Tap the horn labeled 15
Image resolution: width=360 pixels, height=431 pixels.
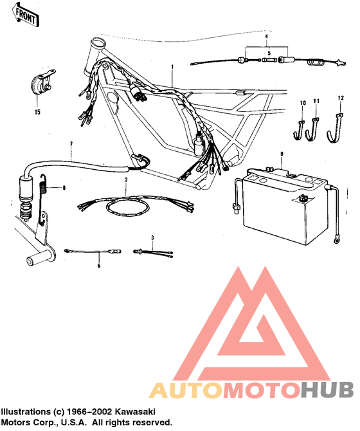tap(42, 83)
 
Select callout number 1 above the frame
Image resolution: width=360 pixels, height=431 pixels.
tap(172, 67)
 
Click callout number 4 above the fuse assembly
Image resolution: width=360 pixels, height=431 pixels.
tap(266, 36)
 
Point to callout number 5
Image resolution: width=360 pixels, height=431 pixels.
tap(269, 53)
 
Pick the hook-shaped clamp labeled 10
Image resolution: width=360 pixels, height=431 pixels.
tap(299, 130)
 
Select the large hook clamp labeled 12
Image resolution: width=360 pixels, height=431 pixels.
tap(334, 129)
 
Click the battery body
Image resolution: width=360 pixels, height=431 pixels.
tap(285, 208)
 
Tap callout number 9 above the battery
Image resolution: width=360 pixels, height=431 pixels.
tap(282, 154)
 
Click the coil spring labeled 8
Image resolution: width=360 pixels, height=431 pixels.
tap(43, 198)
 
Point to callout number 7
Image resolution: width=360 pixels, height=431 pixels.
tap(71, 144)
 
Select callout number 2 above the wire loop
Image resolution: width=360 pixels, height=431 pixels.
tap(126, 180)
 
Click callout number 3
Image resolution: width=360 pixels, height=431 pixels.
tap(152, 238)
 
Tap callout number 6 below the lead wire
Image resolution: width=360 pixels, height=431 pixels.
tap(99, 266)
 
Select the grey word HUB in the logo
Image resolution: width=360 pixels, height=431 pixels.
tap(327, 390)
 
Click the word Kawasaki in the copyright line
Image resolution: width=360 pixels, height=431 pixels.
tap(135, 412)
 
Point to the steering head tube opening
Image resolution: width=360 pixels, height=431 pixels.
tap(98, 43)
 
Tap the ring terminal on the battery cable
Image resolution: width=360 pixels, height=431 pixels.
tap(336, 241)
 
